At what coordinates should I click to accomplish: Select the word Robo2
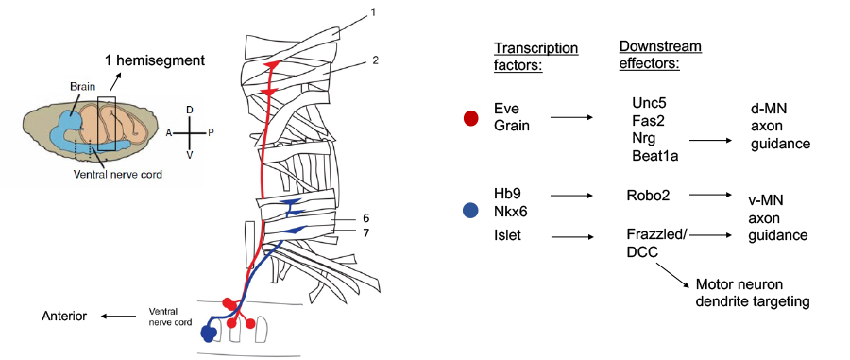(x=649, y=197)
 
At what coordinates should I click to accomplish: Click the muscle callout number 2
(x=375, y=60)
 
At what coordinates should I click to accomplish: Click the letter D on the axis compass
(x=189, y=111)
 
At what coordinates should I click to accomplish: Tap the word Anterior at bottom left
(x=65, y=317)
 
